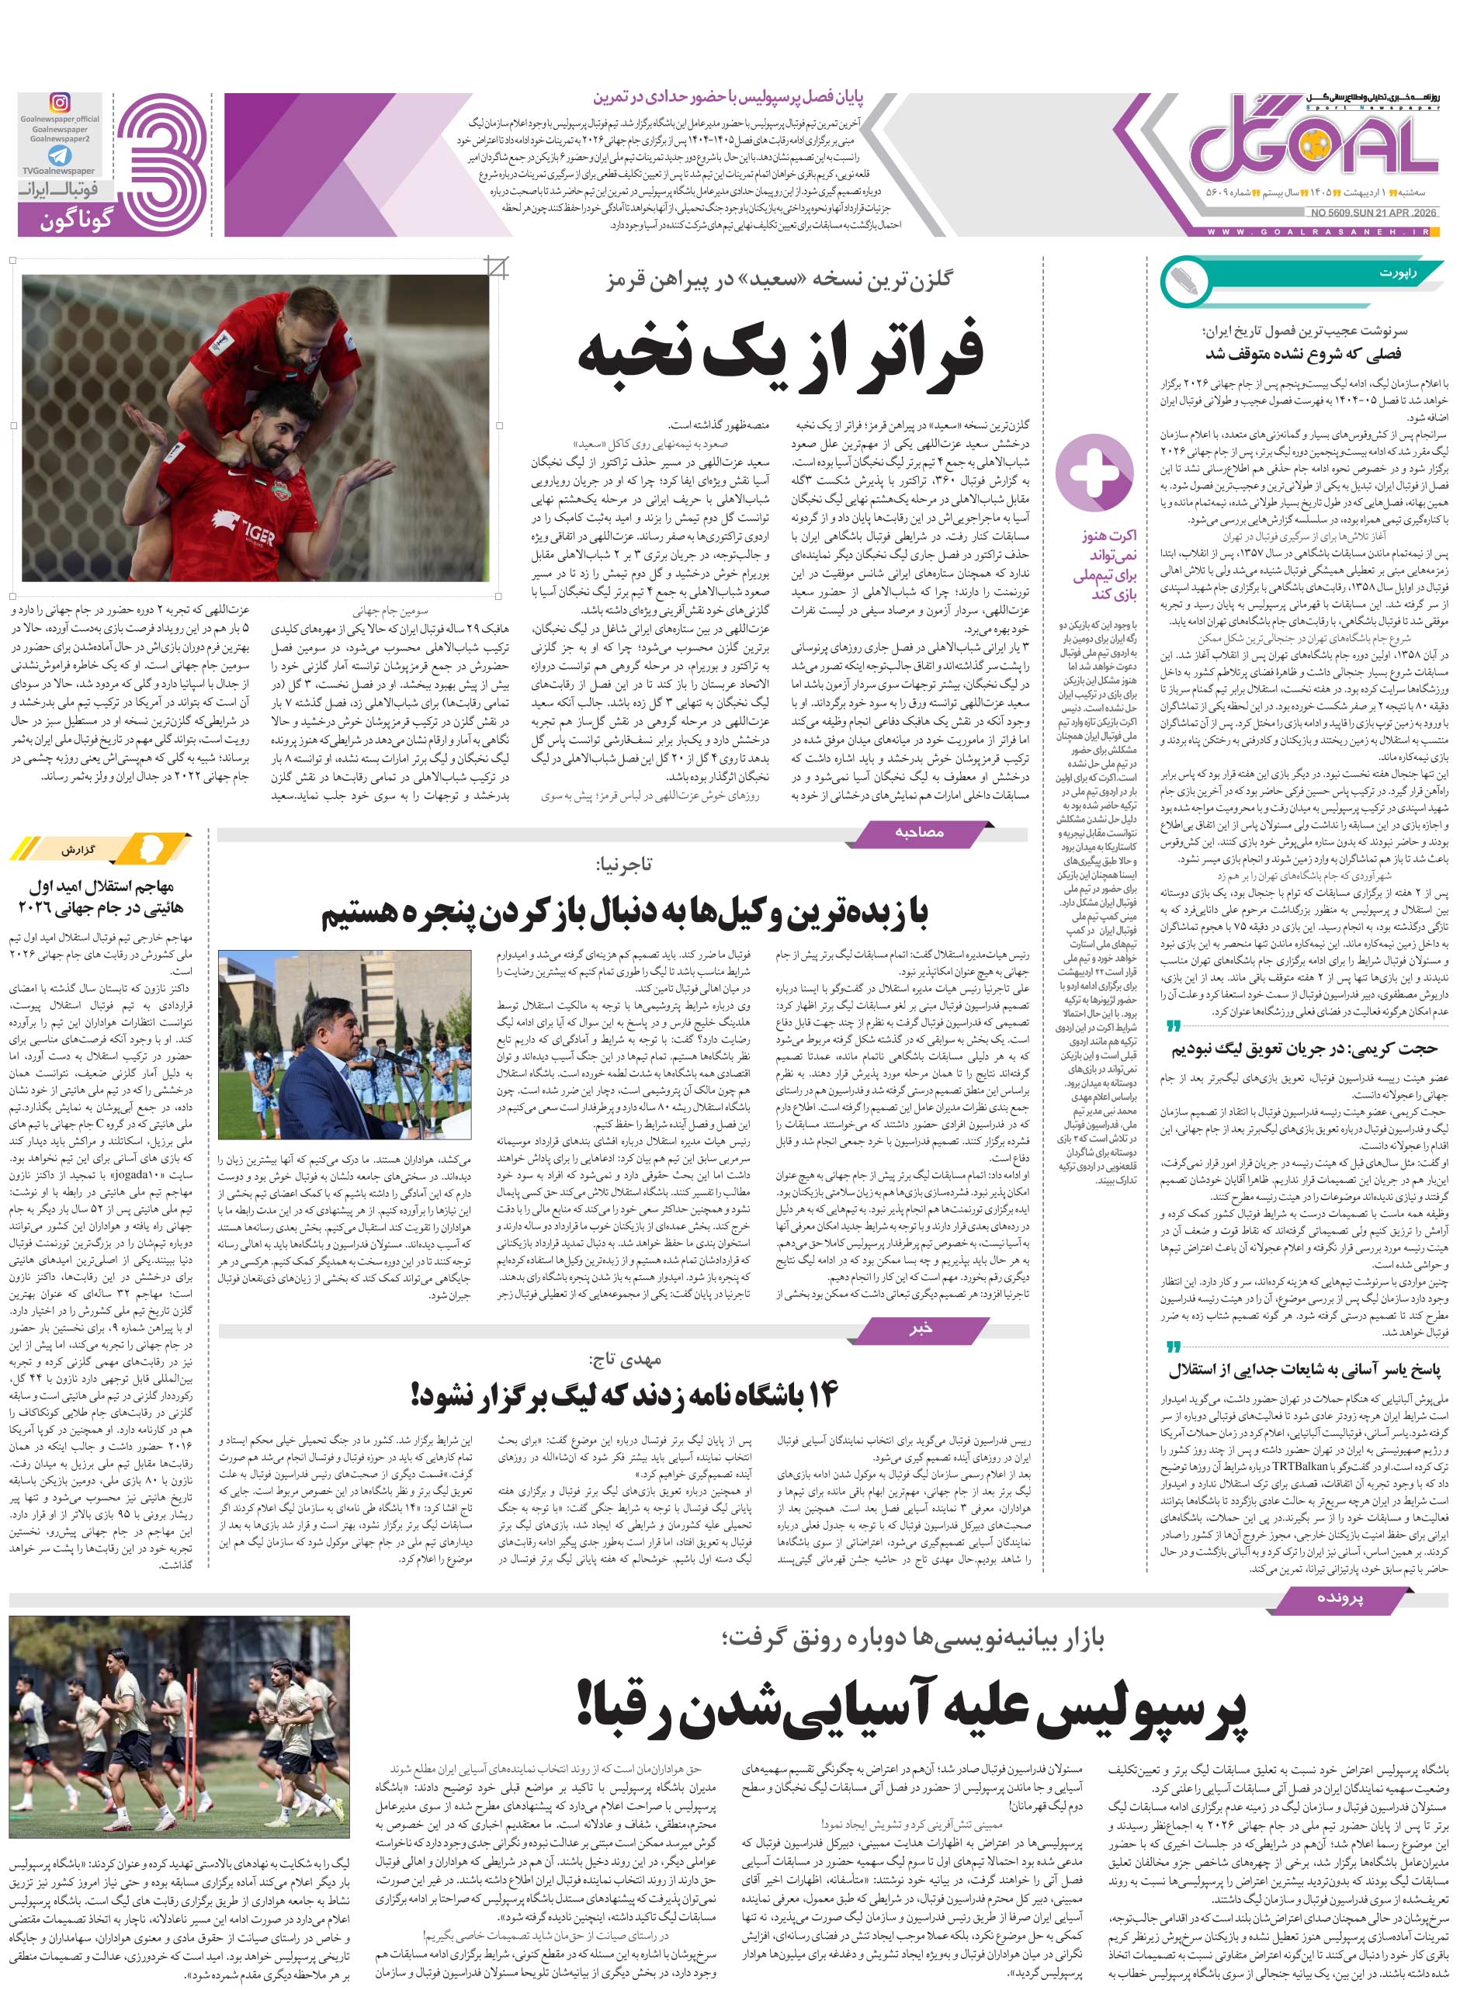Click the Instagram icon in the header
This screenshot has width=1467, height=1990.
(x=60, y=102)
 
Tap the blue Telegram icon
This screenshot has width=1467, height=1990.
(x=61, y=156)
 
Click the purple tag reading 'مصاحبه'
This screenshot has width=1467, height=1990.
(x=919, y=832)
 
